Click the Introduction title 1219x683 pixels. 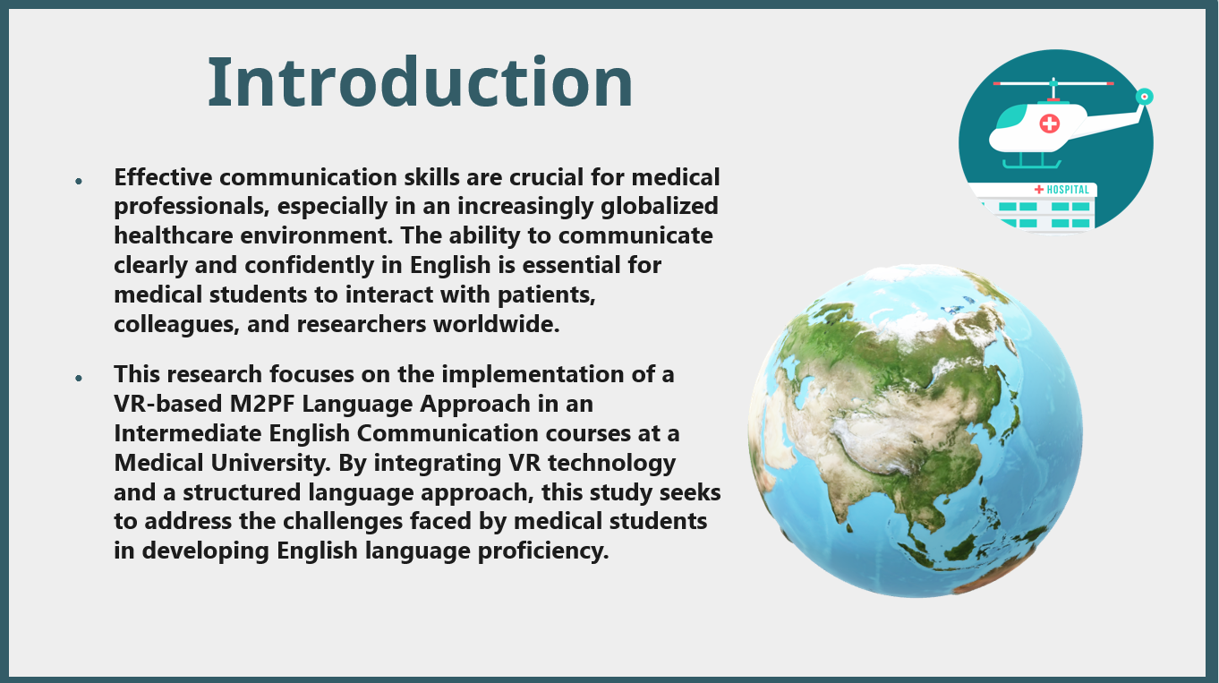(x=420, y=82)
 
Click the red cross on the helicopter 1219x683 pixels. (x=1049, y=124)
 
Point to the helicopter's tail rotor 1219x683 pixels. (x=1145, y=97)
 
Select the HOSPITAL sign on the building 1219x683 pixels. (x=1062, y=190)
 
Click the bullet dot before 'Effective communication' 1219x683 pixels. (x=79, y=181)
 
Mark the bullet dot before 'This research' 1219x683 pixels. (x=79, y=378)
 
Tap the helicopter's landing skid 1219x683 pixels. (x=1032, y=164)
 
